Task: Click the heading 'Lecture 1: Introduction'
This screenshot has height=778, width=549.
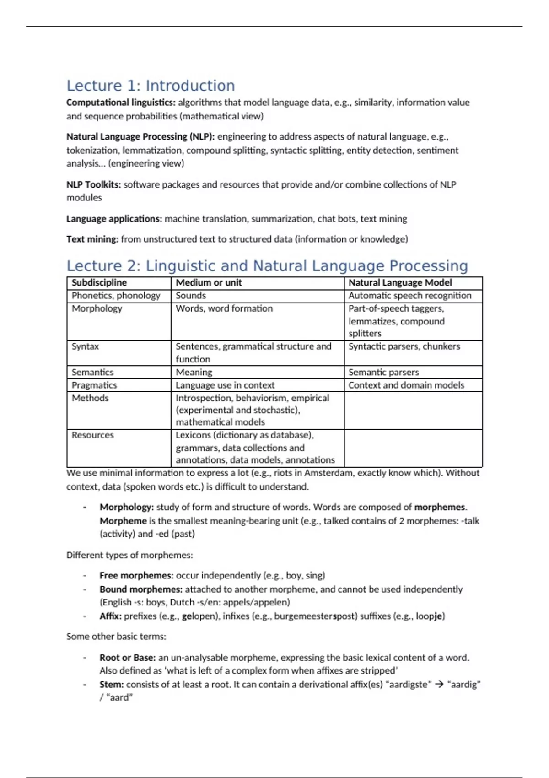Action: (x=151, y=86)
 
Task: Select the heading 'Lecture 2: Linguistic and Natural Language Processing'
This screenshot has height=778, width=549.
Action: (x=267, y=266)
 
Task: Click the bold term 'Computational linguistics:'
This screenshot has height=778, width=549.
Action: (x=121, y=103)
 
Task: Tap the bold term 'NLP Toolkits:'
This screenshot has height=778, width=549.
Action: (x=94, y=184)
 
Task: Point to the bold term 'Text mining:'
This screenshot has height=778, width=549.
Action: (x=92, y=239)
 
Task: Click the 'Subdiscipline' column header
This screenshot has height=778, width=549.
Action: (x=99, y=283)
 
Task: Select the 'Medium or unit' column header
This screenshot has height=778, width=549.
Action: (x=209, y=283)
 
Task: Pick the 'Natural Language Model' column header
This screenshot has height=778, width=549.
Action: (x=400, y=283)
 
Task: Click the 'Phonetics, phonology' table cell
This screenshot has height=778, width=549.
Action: (x=116, y=296)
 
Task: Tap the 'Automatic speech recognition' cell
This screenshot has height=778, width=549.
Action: (x=409, y=296)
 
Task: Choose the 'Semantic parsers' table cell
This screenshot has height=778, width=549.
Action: (x=383, y=372)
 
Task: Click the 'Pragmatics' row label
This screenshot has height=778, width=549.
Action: (x=94, y=385)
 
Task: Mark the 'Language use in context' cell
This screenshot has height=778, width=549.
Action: (x=225, y=385)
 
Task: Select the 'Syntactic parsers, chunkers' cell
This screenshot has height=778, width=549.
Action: (x=404, y=346)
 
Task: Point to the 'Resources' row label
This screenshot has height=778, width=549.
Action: (x=92, y=435)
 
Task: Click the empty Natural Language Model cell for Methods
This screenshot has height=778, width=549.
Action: (x=413, y=410)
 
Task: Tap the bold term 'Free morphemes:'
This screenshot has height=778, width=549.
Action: (x=136, y=575)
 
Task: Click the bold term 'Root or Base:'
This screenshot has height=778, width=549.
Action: (x=128, y=658)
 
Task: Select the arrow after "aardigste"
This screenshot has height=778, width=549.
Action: (x=439, y=685)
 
